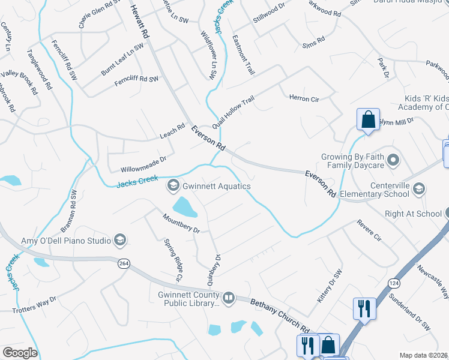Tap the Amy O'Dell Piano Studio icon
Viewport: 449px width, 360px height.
[x=120, y=241]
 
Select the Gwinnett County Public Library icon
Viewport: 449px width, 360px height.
[x=228, y=298]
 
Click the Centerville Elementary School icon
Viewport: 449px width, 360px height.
[x=419, y=189]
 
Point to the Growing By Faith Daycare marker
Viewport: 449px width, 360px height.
[x=393, y=160]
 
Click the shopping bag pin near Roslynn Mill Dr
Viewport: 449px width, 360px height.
[x=368, y=119]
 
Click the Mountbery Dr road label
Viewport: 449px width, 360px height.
[x=181, y=222]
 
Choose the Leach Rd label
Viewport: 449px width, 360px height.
[x=172, y=130]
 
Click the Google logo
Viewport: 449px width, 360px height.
[x=20, y=352]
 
